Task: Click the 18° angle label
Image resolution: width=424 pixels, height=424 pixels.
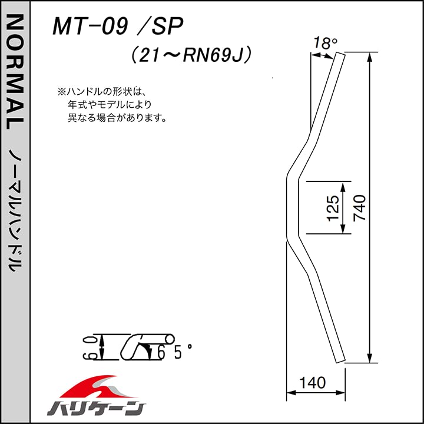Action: (x=325, y=44)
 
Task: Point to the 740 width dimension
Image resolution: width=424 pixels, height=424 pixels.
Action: (x=359, y=207)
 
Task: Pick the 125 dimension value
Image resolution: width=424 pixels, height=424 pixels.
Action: (x=333, y=207)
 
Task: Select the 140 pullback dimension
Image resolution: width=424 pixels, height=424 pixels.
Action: (x=312, y=383)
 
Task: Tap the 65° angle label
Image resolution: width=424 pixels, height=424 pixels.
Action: (x=174, y=352)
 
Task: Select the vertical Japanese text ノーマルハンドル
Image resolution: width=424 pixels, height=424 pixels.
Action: (x=15, y=209)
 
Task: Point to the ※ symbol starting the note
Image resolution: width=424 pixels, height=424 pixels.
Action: (x=61, y=92)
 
